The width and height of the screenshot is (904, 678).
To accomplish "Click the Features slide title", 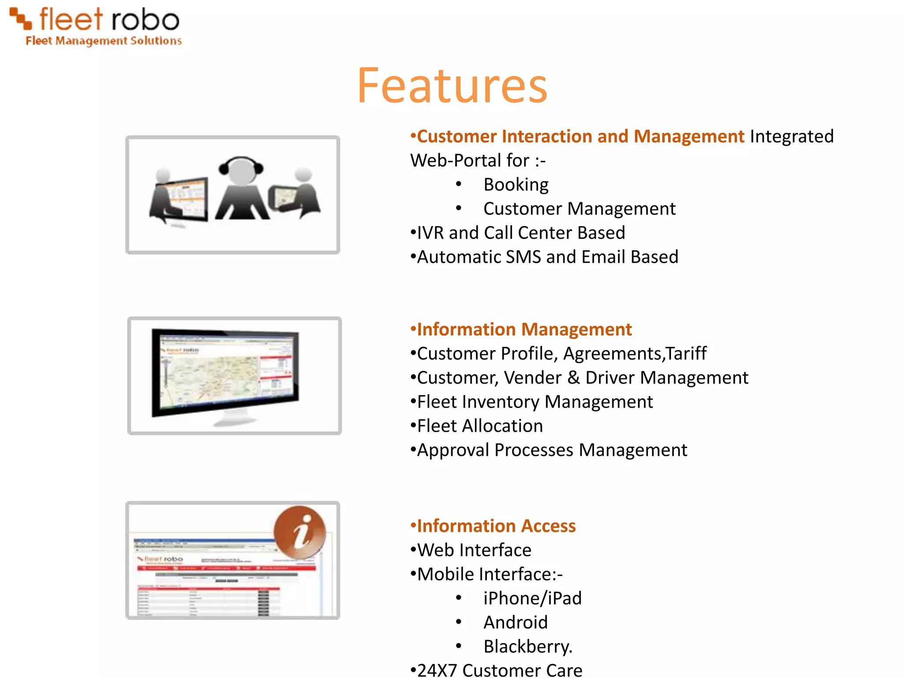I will [x=452, y=86].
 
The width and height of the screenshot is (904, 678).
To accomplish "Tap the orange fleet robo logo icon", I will [x=21, y=18].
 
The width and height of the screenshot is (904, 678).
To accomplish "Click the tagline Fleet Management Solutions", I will [x=104, y=41].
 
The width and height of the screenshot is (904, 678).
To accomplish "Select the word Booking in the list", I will [x=516, y=185].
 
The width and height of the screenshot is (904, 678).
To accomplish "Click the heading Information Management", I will [x=524, y=330].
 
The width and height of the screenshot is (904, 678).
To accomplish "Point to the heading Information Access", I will [x=496, y=526].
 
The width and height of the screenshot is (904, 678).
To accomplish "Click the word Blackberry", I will [x=527, y=647].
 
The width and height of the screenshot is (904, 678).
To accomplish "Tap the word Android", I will [x=515, y=622].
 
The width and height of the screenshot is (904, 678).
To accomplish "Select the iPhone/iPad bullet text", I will [x=532, y=599].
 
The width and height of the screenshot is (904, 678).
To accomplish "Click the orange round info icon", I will [x=300, y=532].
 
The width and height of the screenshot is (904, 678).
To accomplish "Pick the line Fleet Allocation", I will [x=479, y=426].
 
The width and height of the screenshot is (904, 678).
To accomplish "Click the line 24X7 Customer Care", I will [x=499, y=670].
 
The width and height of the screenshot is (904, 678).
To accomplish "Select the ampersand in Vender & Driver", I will [x=573, y=378].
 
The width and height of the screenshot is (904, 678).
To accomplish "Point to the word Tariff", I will [x=686, y=354].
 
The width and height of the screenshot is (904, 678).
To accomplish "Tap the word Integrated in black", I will [x=791, y=136].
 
